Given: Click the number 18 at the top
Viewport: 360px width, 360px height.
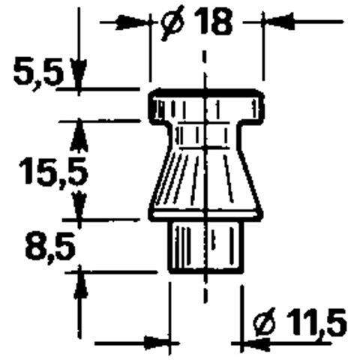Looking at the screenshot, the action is point(214,22).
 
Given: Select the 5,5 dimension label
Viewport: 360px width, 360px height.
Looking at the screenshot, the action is point(38,73).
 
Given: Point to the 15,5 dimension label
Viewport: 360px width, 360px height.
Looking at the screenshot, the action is point(54,172).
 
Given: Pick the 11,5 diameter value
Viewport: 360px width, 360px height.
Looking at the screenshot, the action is point(316,322).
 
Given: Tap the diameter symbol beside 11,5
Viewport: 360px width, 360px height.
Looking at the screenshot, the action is point(266,323).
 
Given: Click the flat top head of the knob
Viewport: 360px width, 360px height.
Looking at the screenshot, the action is point(207,107).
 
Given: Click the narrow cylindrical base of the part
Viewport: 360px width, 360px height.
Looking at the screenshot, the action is point(205,247).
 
